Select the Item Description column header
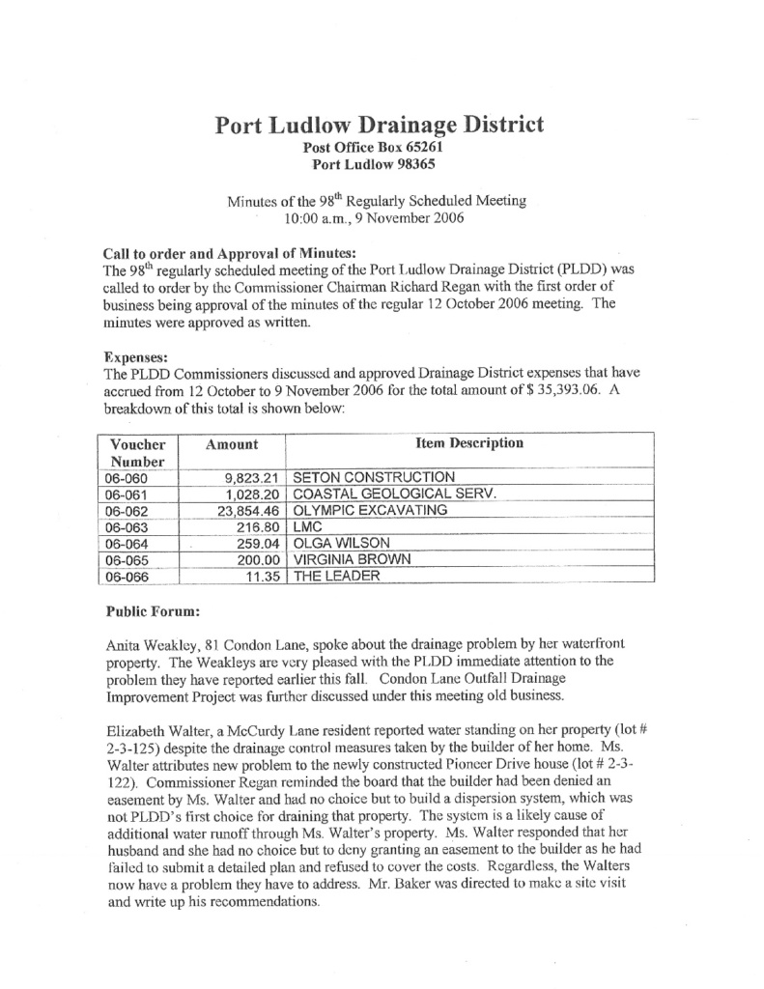click(x=468, y=443)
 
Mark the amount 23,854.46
click(x=248, y=511)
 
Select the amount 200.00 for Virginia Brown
click(x=259, y=559)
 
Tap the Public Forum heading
click(x=146, y=611)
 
